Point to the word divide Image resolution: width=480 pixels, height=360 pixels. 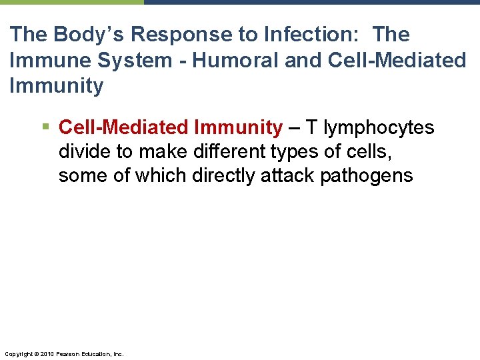point(85,151)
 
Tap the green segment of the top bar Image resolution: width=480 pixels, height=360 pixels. point(71,2)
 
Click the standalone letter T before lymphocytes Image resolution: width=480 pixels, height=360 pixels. point(311,127)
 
